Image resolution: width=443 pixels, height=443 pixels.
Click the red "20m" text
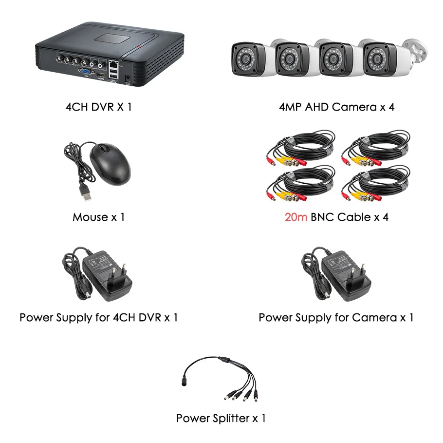click(x=296, y=217)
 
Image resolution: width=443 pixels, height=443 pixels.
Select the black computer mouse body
click(x=110, y=164)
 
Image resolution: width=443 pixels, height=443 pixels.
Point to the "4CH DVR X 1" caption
click(x=98, y=107)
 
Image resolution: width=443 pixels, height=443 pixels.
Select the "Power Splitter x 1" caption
click(x=221, y=418)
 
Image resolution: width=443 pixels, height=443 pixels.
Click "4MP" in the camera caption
click(x=291, y=107)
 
